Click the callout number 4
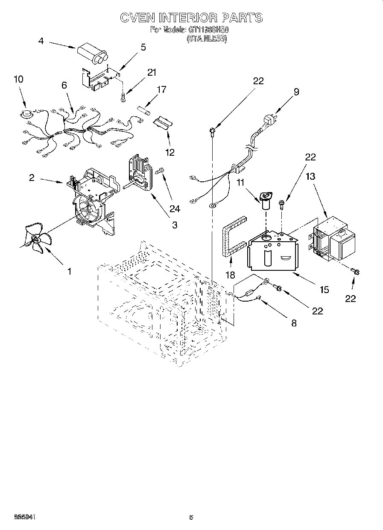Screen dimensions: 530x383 [x=41, y=41]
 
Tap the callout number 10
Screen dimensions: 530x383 [x=18, y=80]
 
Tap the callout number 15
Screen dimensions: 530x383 [x=324, y=290]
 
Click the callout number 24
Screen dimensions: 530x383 [x=175, y=209]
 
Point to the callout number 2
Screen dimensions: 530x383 [x=32, y=178]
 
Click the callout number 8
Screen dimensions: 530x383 [x=293, y=323]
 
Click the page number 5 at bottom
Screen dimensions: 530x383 [x=191, y=518]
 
